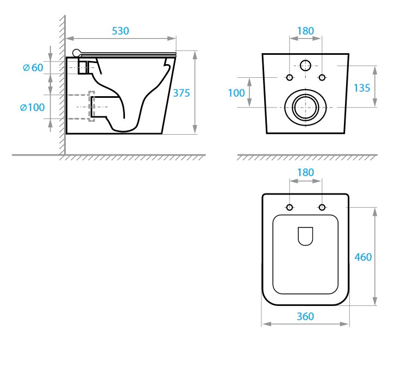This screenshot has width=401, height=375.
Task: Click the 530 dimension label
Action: [x=121, y=31]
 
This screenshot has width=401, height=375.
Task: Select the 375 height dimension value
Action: [x=181, y=93]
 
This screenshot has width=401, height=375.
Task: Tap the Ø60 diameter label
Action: [x=33, y=68]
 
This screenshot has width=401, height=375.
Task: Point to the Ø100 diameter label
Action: [x=32, y=107]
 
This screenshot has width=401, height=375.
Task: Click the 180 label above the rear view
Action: [x=305, y=31]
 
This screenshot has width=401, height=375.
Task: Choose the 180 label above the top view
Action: [x=305, y=172]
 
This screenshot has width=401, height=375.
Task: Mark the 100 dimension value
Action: [x=236, y=93]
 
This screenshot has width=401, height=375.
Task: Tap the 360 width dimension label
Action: [x=305, y=316]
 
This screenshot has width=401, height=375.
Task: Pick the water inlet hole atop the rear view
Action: [x=305, y=66]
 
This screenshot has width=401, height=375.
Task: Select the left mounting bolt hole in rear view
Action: [x=290, y=77]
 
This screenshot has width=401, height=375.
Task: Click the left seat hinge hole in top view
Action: [x=290, y=207]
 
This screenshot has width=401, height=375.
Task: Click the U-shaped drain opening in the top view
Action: [x=305, y=235]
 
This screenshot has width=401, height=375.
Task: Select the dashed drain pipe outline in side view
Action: [x=91, y=106]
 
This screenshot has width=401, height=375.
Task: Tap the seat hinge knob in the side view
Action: [x=77, y=53]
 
